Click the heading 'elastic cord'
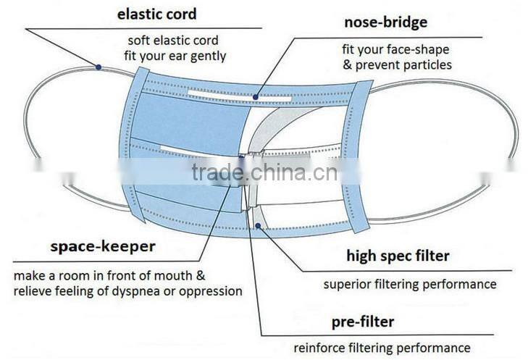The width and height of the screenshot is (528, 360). tap(156, 14)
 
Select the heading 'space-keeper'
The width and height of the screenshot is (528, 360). tap(103, 246)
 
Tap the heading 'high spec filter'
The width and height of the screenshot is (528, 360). tap(398, 256)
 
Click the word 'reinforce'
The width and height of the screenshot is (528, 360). tap(318, 348)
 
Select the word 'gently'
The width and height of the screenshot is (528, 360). tap(207, 55)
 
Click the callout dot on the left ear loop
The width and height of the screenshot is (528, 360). tap(99, 67)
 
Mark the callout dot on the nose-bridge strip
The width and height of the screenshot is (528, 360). tap(256, 96)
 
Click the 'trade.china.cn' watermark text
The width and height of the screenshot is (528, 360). tap(264, 173)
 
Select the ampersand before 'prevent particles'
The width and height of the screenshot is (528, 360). tap(346, 65)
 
